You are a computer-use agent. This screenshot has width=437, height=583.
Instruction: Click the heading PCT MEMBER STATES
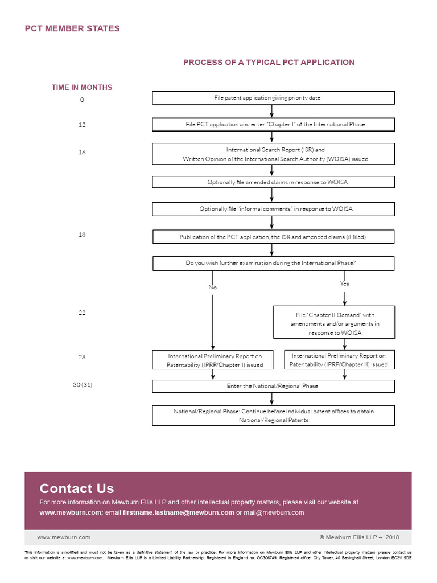(72, 28)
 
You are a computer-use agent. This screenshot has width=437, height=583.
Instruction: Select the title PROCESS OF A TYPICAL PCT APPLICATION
(269, 63)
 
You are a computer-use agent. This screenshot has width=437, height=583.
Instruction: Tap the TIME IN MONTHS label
(82, 87)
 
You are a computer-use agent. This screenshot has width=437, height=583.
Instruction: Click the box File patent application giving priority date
(273, 98)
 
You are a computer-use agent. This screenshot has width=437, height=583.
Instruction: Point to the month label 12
(82, 124)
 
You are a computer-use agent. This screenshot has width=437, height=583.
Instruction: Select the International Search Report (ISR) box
(273, 154)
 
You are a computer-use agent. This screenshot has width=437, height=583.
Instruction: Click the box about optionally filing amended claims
(273, 182)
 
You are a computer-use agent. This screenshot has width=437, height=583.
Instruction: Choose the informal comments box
(273, 209)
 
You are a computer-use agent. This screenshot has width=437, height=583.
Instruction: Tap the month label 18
(82, 234)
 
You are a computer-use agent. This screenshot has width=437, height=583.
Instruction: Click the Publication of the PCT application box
(273, 236)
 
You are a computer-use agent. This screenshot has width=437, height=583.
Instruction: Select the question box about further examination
(273, 264)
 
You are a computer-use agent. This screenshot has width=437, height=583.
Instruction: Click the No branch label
(212, 288)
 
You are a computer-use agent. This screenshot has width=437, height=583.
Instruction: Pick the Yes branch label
(344, 284)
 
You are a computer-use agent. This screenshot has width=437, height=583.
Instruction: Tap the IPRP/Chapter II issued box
(339, 360)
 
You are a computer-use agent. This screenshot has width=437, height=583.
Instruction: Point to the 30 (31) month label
(83, 385)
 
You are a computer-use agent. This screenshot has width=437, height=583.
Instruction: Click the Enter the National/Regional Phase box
(273, 386)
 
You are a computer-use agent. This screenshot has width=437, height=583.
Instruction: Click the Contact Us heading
(76, 488)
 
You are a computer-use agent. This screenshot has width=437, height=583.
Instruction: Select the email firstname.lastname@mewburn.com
(178, 512)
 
